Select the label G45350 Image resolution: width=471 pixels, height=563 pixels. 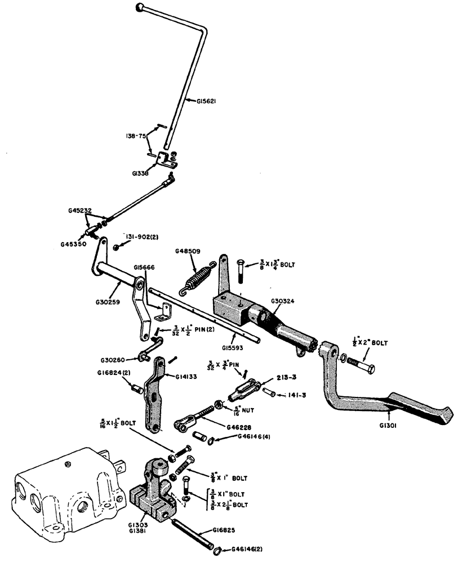click(x=73, y=244)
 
